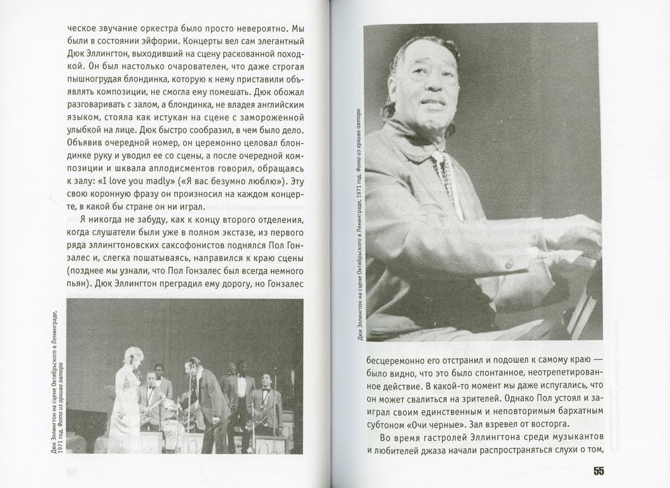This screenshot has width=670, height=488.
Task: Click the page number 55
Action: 598,471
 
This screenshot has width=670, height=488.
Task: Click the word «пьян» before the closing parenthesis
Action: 76,284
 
